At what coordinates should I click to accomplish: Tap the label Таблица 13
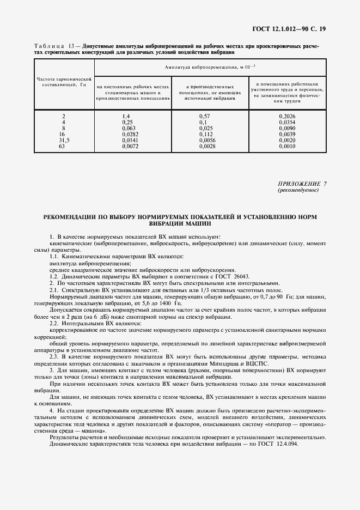52,47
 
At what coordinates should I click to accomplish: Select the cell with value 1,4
126,117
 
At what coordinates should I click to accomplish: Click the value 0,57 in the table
205,117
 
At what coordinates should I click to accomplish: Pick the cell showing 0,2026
287,117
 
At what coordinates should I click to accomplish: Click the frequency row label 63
64,147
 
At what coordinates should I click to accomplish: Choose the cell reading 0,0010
287,147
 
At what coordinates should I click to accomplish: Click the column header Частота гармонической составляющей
64,82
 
